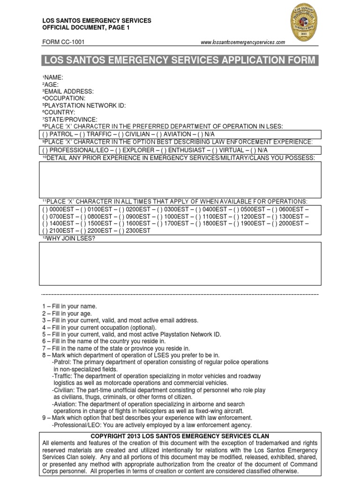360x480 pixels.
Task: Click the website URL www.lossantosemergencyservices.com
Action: (242, 42)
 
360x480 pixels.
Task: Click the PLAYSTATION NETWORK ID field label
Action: (84, 105)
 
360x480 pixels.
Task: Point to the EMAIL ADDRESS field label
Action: (68, 91)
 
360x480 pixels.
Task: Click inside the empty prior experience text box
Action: (180, 180)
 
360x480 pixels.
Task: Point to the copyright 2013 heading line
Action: (180, 436)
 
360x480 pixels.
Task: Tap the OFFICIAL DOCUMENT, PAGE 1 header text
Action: (86, 28)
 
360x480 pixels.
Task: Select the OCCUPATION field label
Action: (64, 98)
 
